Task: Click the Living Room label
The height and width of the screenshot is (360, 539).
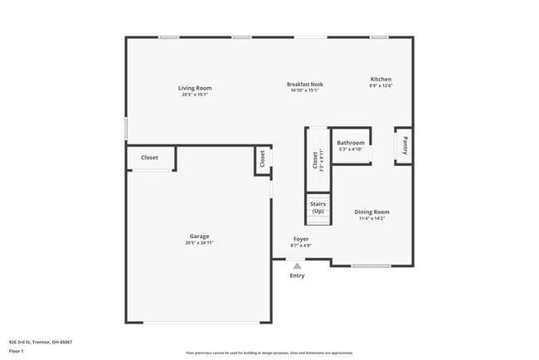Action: point(196,88)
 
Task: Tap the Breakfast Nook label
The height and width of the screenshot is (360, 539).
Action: point(305,84)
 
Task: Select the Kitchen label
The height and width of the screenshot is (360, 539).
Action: point(381,80)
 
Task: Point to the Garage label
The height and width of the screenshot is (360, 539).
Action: point(198,236)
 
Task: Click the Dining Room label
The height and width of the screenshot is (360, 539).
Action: point(372,212)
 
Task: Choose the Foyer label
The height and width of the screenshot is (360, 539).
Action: point(300,239)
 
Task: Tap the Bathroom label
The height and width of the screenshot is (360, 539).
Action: point(351,143)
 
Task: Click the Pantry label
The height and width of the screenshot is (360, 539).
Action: point(405,146)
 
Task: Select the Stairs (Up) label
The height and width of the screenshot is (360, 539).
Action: point(318,207)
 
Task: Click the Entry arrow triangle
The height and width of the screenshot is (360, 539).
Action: point(297,265)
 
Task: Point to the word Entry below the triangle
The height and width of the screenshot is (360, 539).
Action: point(297,275)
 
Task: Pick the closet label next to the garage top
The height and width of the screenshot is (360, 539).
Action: point(149,157)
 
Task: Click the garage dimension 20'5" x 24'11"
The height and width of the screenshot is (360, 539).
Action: point(198,243)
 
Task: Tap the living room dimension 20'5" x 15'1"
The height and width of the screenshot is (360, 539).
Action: point(196,95)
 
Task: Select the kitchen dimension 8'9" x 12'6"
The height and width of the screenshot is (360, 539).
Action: point(381,86)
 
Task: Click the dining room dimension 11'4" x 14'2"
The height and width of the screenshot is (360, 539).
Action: point(372,218)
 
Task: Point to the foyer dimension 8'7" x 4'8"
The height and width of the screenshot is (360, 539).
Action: point(300,246)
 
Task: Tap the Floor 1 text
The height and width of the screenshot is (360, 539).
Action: point(17,351)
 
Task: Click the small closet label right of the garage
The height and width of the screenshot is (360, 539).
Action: point(263,159)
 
